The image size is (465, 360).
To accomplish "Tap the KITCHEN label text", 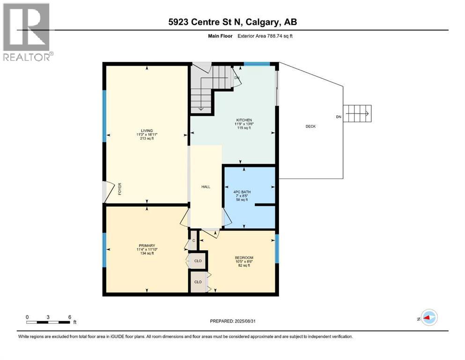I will (244, 120).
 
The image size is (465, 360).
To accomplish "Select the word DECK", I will (310, 127).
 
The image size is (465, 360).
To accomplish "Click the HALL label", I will (206, 187).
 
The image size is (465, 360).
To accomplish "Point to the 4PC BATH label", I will (242, 191).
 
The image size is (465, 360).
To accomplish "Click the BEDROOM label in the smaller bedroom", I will (244, 258).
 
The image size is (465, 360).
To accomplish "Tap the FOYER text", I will (120, 188).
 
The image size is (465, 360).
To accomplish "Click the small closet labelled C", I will (193, 240).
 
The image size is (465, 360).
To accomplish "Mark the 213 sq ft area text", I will (148, 139).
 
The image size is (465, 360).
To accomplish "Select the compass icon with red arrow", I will (428, 317).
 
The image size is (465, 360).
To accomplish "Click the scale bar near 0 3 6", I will (48, 322).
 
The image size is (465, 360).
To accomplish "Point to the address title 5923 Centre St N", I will (232, 22).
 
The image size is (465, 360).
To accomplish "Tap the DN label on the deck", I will (338, 117).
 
